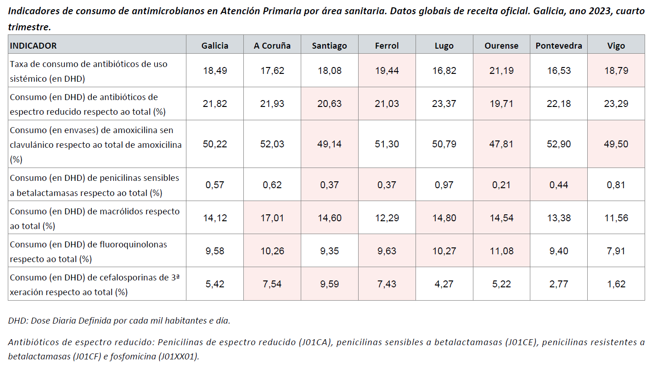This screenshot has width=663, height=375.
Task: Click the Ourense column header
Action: [501, 45]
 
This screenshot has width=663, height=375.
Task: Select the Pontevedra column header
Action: [559, 45]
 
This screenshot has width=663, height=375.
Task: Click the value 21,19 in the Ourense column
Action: [501, 71]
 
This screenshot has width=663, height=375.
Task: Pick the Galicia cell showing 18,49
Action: [215, 71]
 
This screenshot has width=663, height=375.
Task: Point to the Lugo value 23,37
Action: [444, 104]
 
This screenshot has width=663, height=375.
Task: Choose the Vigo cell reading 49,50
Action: [616, 144]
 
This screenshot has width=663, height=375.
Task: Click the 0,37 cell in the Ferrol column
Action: [387, 185]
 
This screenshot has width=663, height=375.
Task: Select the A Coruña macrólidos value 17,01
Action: [272, 218]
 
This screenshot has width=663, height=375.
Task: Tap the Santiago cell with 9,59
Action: [329, 284]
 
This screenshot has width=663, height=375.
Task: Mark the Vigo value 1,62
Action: [616, 284]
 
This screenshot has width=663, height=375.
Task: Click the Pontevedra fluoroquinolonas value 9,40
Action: [559, 251]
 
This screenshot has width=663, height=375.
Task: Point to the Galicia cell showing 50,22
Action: [215, 144]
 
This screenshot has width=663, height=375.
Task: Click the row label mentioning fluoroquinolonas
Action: [88, 252]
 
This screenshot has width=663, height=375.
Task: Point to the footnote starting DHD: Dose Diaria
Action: [119, 321]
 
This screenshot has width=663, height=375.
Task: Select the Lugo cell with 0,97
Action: [444, 185]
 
